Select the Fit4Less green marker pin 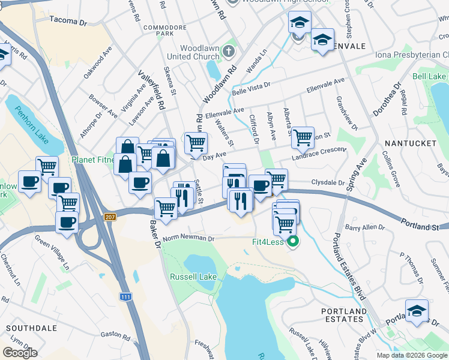pyautogui.click(x=293, y=242)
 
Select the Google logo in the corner pyautogui.click(x=20, y=353)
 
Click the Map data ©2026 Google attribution pyautogui.click(x=412, y=355)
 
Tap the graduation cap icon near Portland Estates pyautogui.click(x=417, y=311)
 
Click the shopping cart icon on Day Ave pyautogui.click(x=196, y=143)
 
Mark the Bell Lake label pyautogui.click(x=429, y=77)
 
